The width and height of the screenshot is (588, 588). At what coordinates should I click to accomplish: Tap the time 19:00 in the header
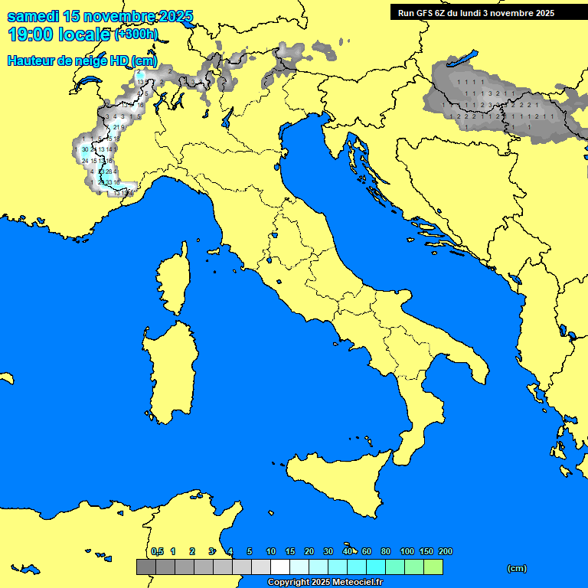(31, 34)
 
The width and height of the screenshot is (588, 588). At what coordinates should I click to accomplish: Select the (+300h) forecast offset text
(136, 34)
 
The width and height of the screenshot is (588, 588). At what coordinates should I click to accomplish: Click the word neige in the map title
(81, 60)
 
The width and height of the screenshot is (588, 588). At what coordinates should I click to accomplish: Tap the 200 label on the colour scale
(446, 551)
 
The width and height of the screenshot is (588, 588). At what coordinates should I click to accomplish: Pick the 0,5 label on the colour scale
(157, 551)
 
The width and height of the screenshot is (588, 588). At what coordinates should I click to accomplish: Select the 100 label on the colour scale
(407, 551)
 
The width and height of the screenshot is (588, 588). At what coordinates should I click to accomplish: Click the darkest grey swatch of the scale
(146, 567)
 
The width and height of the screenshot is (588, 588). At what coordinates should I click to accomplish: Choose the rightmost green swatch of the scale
(433, 567)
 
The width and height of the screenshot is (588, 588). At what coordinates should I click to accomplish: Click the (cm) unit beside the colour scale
(517, 568)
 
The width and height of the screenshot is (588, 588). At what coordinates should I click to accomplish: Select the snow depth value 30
(84, 150)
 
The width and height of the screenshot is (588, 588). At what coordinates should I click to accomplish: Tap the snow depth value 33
(108, 182)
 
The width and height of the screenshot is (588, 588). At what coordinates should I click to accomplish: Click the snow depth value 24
(84, 161)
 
